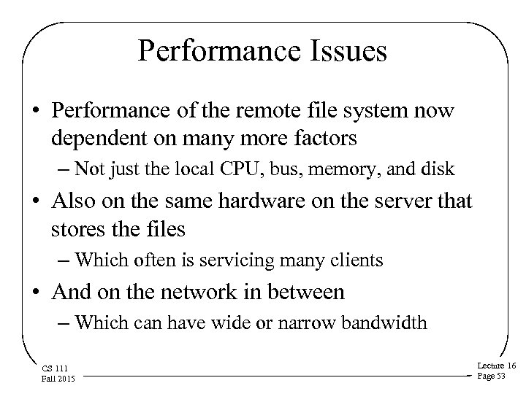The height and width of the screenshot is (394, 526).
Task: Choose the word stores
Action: point(75,230)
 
